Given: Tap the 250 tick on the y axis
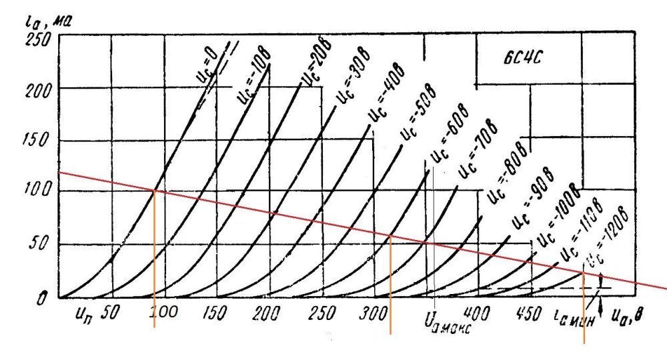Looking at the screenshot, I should point(39,39).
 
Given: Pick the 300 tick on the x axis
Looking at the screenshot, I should point(372,312).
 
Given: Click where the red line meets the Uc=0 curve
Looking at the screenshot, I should point(155,190).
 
